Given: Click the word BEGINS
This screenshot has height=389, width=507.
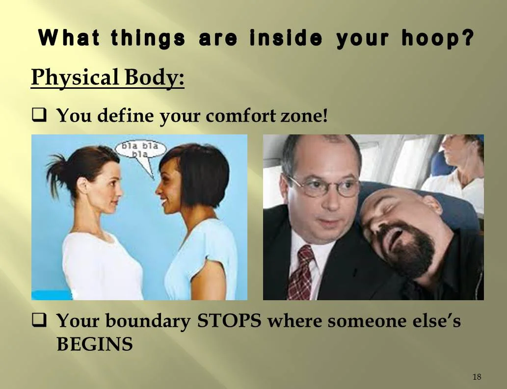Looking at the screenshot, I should pos(94,344).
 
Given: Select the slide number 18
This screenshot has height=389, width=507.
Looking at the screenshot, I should pos(477,377).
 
